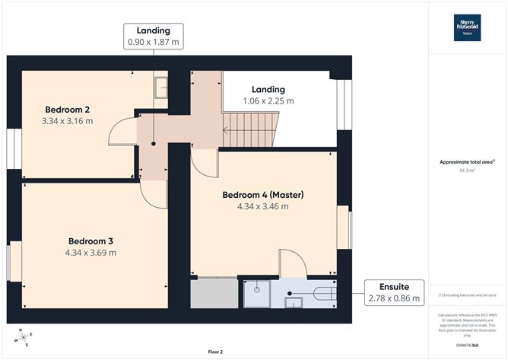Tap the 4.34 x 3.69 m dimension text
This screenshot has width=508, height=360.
pos(90,253)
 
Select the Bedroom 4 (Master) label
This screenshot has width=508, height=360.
pos(262,195)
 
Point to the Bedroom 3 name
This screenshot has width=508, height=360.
pos(90,241)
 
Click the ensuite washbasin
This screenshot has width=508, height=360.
pos(292,302)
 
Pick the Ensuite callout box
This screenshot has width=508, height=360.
pos(394,292)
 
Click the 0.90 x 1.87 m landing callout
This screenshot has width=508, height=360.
pos(154,37)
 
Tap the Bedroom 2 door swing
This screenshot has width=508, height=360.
pos(120,135)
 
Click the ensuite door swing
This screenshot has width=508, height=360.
pos(292,263)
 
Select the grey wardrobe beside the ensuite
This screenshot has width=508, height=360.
pos(213,294)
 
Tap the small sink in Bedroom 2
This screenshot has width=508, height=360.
pos(161,88)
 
